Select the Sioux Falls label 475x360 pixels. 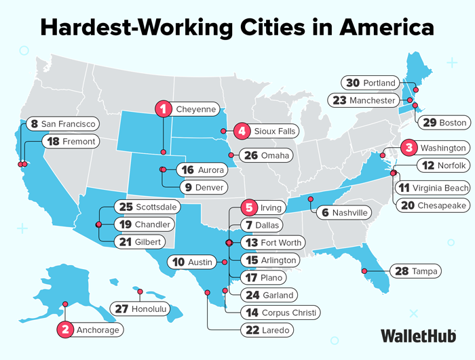pyautogui.click(x=267, y=131)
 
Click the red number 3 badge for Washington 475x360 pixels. pyautogui.click(x=408, y=147)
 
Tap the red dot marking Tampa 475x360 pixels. pyautogui.click(x=364, y=271)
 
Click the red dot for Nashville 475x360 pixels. pyautogui.click(x=311, y=199)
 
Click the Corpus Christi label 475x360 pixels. pyautogui.click(x=282, y=313)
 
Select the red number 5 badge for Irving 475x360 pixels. pyautogui.click(x=249, y=207)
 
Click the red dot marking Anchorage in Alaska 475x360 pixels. pyautogui.click(x=66, y=304)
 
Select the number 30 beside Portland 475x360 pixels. pyautogui.click(x=352, y=83)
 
